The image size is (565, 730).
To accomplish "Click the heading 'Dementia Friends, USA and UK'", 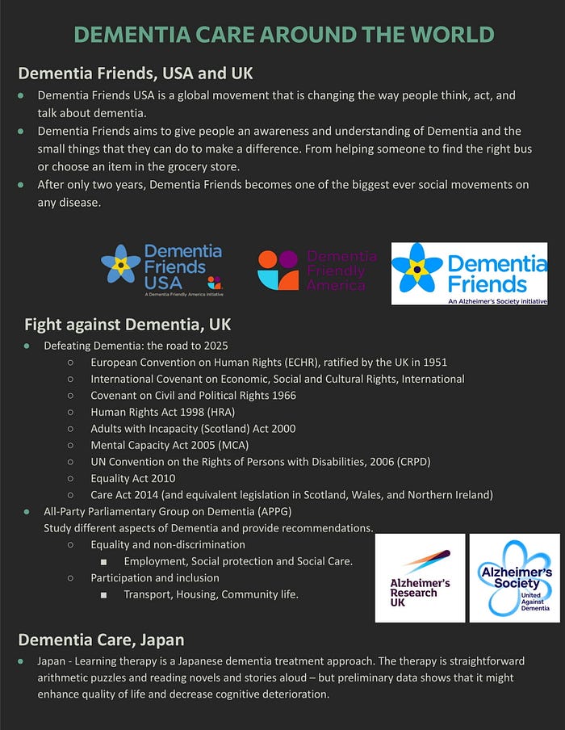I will (136, 73).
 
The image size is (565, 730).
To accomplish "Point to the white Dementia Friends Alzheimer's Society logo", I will (469, 274).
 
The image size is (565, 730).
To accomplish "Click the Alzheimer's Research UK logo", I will (420, 577).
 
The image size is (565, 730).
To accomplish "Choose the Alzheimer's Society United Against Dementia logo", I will (514, 577).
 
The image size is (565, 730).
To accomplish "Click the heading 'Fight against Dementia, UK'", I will (128, 325).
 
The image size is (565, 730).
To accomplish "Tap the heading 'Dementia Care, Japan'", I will (101, 640).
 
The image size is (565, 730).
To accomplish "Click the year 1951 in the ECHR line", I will (433, 363).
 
